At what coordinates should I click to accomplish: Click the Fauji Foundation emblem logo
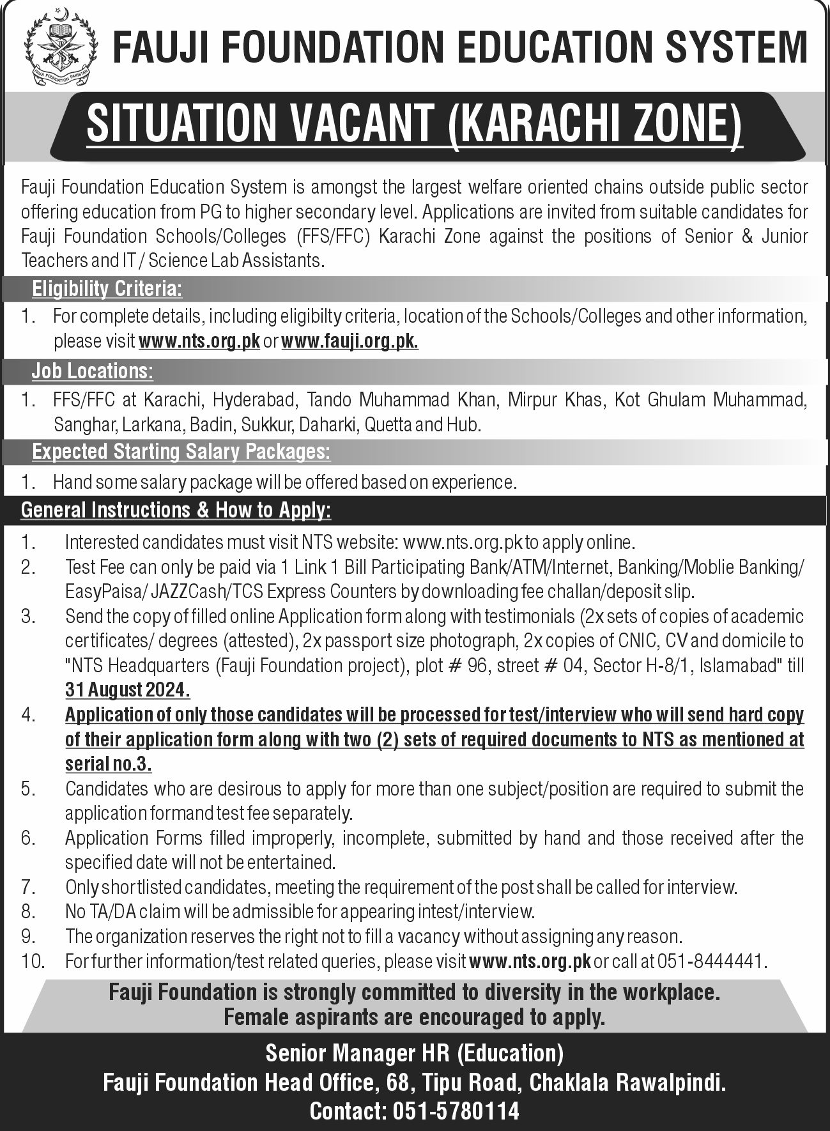[x=60, y=48]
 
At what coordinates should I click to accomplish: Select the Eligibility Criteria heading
[x=107, y=289]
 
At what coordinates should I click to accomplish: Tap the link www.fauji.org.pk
[x=350, y=341]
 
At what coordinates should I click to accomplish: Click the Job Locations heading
[x=93, y=371]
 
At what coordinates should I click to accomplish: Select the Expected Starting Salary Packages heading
[x=181, y=452]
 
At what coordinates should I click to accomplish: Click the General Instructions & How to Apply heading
[x=176, y=510]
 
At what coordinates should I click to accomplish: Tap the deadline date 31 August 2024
[x=128, y=689]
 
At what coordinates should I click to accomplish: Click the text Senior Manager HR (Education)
[x=415, y=1052]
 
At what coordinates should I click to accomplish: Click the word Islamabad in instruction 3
[x=741, y=665]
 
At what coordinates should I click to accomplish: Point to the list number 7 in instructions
[x=27, y=887]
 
